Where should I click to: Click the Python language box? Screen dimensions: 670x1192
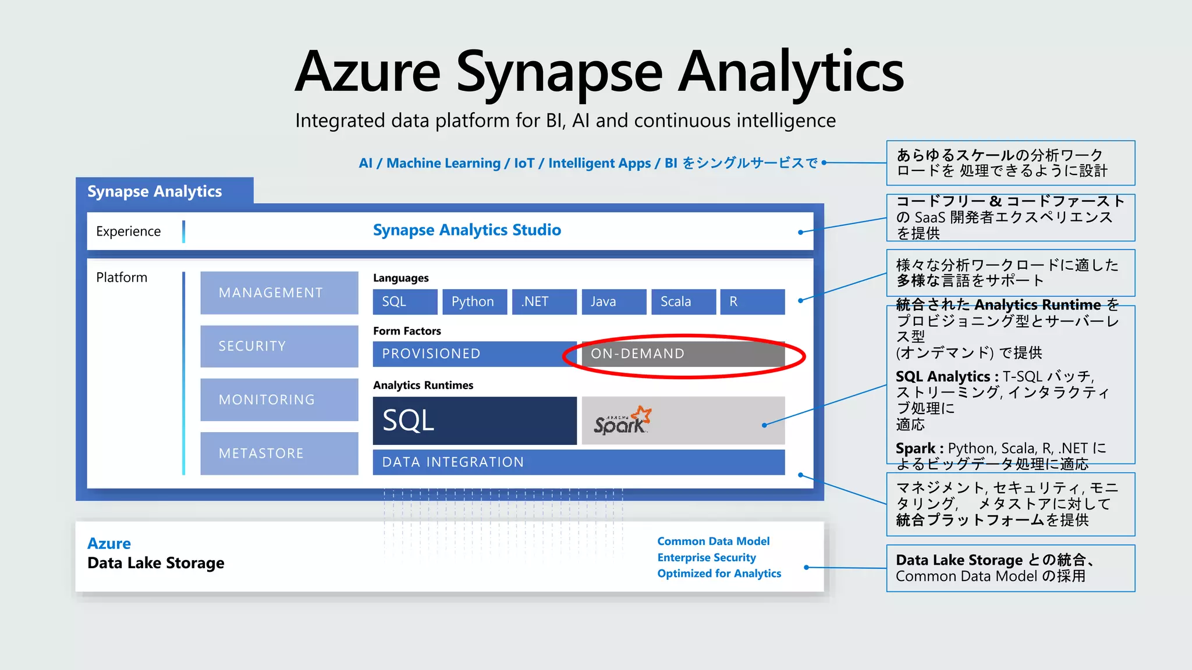pos(474,302)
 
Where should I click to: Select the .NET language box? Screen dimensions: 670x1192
pos(544,302)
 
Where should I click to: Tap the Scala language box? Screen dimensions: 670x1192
pos(683,302)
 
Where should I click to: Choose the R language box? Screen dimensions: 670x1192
pos(752,302)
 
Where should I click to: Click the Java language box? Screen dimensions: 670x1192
pos(613,302)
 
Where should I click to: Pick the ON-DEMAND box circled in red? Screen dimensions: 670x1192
pos(683,354)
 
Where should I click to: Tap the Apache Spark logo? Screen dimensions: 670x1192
pos(622,420)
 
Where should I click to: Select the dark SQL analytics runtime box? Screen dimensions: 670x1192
pos(474,420)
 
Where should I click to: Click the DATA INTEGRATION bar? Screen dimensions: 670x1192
pos(579,462)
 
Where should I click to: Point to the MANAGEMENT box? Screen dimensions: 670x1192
pos(279,293)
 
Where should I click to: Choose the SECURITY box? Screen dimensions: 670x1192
pos(279,346)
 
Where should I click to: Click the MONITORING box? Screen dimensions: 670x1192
pos(279,400)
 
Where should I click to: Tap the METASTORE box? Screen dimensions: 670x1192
pos(279,453)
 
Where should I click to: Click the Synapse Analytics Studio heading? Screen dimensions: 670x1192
pos(467,230)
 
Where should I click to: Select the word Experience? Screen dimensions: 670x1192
pos(128,231)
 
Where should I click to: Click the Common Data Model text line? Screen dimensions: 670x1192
pos(713,541)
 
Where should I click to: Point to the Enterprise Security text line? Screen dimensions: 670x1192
pos(706,558)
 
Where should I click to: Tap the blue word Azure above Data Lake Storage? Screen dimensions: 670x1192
pos(109,544)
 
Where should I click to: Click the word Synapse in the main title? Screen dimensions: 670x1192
pos(559,73)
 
